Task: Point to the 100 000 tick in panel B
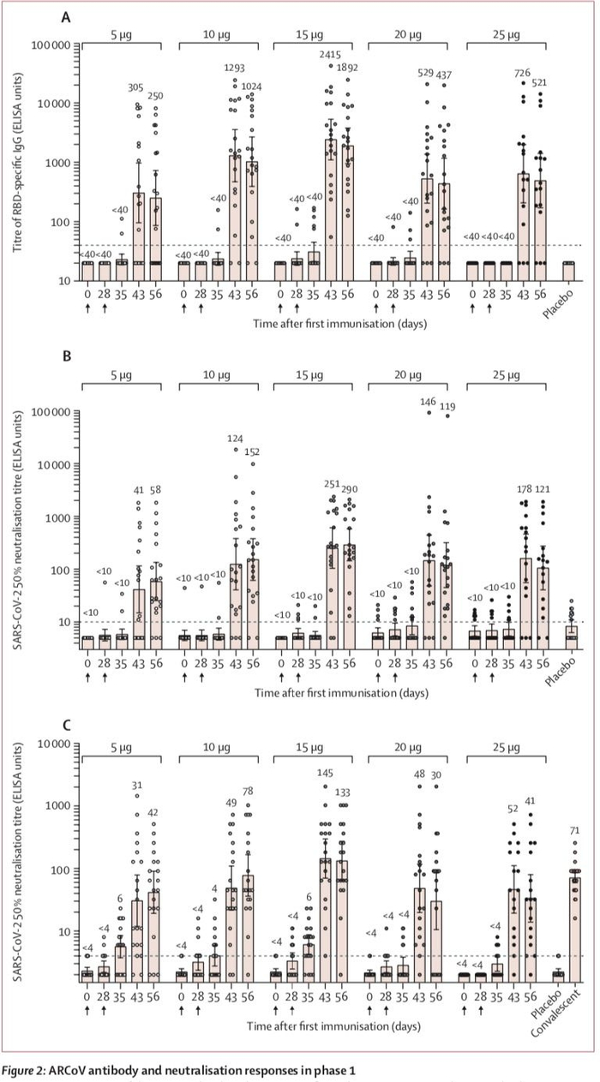point(51,412)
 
